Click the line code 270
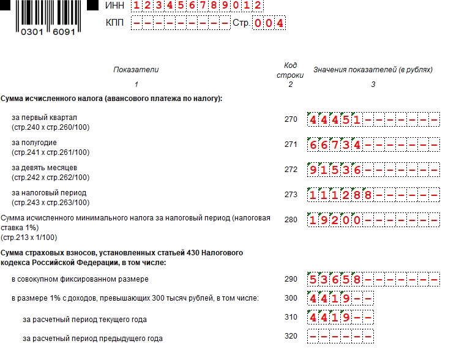click(291, 119)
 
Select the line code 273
click(291, 195)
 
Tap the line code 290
click(291, 279)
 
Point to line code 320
click(291, 336)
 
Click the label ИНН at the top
click(114, 6)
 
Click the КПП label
click(115, 23)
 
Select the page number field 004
click(269, 23)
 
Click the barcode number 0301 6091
click(48, 32)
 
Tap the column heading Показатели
click(136, 70)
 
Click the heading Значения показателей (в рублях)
click(373, 70)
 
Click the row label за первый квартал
click(44, 118)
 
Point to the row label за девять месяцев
click(45, 168)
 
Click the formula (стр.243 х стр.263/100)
click(50, 203)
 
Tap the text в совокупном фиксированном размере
click(80, 279)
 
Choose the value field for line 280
click(373, 220)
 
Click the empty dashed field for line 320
click(340, 337)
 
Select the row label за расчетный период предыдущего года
click(92, 338)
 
